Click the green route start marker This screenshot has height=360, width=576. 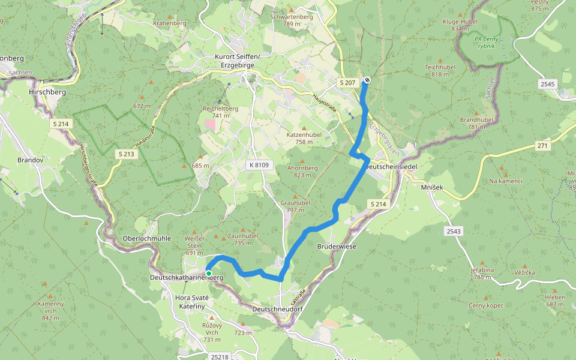click(208, 274)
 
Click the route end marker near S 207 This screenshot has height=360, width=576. click(367, 80)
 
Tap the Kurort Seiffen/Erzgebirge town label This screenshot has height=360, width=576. click(237, 61)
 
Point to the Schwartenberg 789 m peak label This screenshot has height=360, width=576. click(292, 20)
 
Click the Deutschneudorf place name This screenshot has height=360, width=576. click(277, 308)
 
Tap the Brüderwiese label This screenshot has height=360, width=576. click(336, 247)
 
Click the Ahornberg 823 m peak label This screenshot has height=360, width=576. click(302, 172)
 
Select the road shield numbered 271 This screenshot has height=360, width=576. click(542, 146)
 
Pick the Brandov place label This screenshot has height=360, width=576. click(28, 161)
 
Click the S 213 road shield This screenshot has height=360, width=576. click(126, 154)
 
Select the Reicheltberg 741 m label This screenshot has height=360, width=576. click(221, 112)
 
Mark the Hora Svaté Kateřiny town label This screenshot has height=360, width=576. click(191, 302)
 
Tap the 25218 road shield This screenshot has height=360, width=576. click(220, 356)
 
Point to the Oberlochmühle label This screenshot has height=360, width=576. click(147, 238)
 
